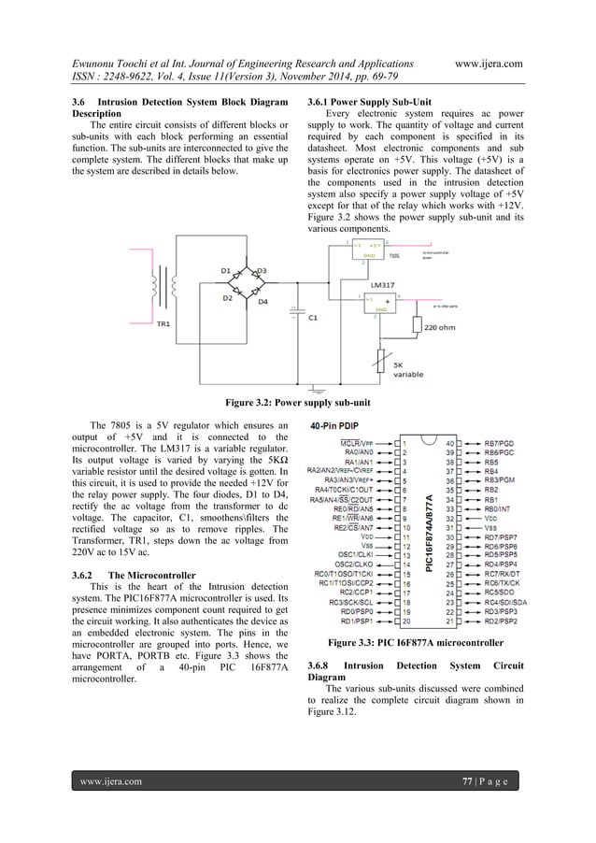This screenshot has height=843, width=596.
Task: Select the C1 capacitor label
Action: coord(313,316)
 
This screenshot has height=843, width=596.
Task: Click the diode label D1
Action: coord(226,270)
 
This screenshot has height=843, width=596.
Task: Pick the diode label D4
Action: coord(263,302)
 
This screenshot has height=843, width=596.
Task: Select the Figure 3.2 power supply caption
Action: coord(297,404)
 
